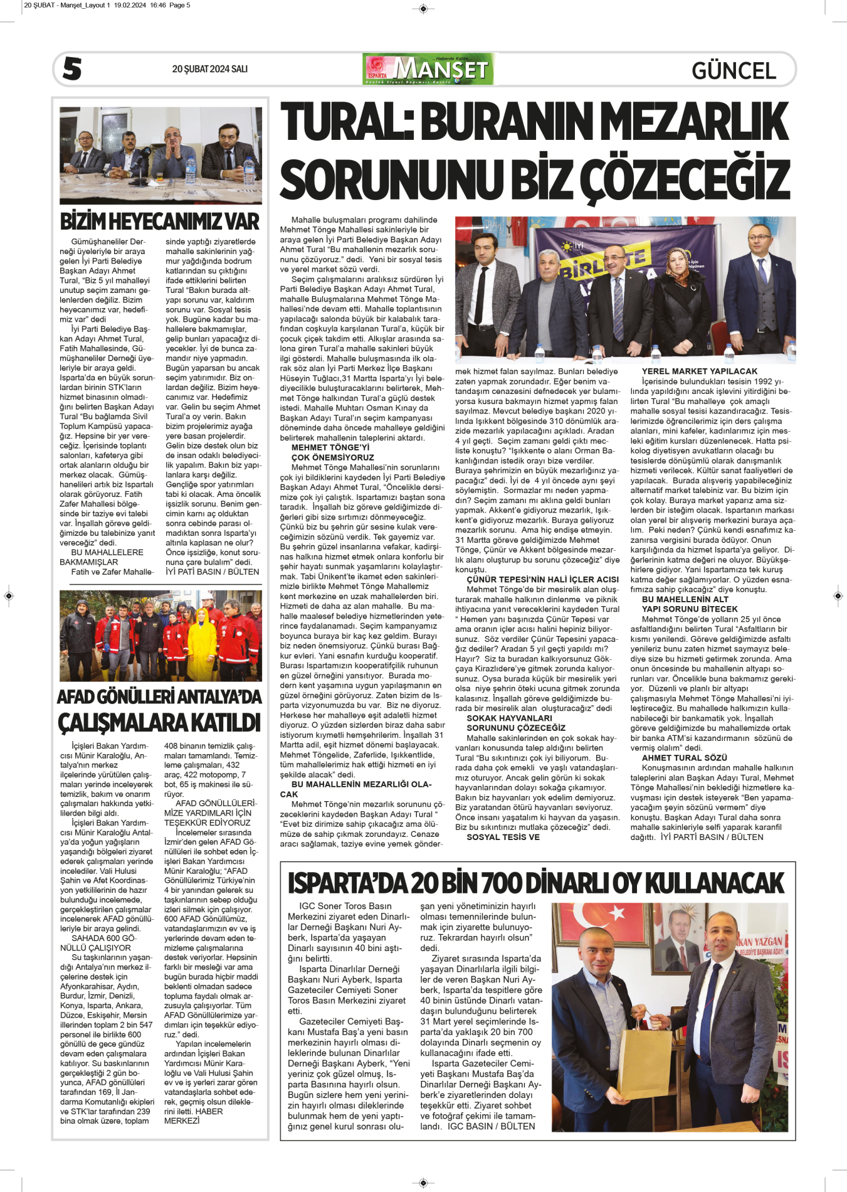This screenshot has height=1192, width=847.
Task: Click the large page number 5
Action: coord(72,68)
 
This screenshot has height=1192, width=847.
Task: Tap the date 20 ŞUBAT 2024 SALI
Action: coord(209,69)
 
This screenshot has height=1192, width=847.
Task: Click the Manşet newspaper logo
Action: coord(428,69)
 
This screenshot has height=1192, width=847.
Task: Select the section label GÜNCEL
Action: coord(734,70)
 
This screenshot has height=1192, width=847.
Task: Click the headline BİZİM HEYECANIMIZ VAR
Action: coord(159,221)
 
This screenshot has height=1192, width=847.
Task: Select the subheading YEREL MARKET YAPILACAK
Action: coord(699,371)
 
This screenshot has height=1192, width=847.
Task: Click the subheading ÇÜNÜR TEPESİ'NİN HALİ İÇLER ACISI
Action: coord(542,579)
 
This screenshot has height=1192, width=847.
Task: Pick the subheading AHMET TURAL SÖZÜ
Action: coord(684,758)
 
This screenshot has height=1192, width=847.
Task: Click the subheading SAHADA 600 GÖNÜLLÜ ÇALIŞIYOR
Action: coord(95,943)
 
